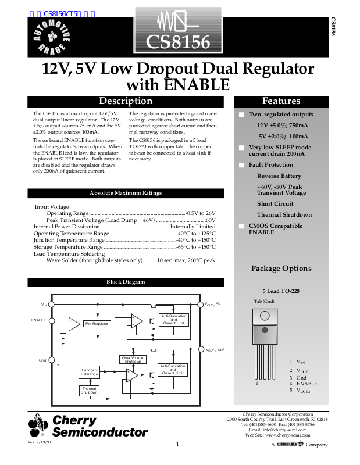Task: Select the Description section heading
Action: (x=126, y=101)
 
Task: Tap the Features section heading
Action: (x=281, y=101)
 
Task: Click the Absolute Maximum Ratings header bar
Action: (x=126, y=193)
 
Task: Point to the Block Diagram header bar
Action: (x=126, y=282)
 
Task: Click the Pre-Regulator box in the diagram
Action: (x=97, y=324)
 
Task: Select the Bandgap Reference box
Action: (x=89, y=373)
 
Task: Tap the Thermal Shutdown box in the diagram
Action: (x=89, y=391)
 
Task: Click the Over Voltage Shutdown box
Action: (x=133, y=359)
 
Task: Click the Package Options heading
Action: (x=281, y=269)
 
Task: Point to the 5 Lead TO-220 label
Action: (x=281, y=291)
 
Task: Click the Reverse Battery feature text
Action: (x=279, y=176)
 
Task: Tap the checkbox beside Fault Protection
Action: (x=242, y=165)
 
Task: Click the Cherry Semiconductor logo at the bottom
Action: (x=88, y=425)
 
